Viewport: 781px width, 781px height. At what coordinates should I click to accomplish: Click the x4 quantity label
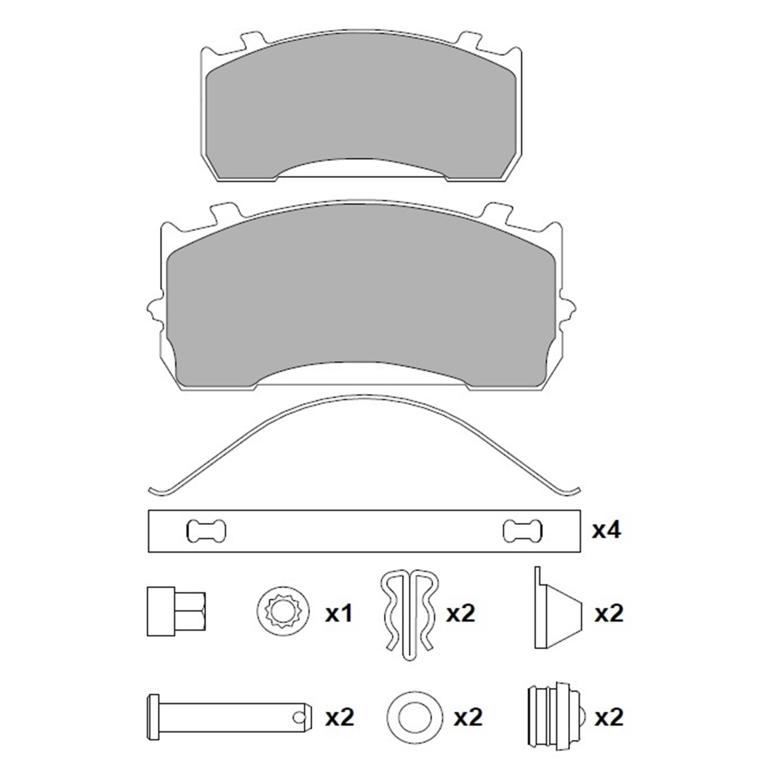(x=606, y=531)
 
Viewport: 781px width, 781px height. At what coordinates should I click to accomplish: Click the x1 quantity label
(x=339, y=614)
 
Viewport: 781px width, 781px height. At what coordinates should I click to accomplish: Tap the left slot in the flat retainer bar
(x=206, y=531)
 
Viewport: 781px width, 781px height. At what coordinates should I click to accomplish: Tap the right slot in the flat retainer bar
(x=522, y=531)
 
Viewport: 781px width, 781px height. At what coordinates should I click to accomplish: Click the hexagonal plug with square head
(x=176, y=611)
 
